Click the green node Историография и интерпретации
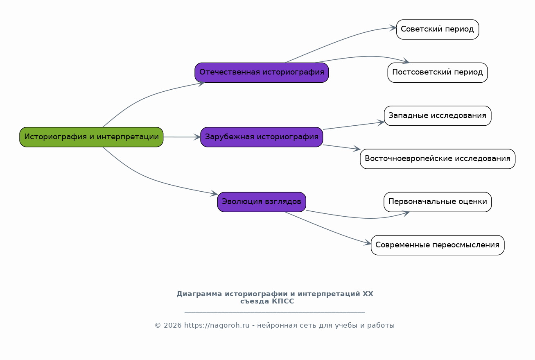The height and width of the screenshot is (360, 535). pos(91,137)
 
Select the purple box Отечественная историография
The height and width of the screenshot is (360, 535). pos(262,72)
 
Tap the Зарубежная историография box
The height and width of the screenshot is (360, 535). pos(262,137)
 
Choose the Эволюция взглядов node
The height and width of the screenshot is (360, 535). pos(262,202)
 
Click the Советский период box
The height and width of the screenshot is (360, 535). pos(438,29)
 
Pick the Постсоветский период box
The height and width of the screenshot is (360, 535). pos(438,72)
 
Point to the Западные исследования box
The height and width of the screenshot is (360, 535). pos(438,115)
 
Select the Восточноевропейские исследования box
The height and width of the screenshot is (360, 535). pos(438,159)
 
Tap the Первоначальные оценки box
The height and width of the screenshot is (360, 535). pos(438,202)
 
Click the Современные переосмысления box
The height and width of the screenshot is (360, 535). pos(438,245)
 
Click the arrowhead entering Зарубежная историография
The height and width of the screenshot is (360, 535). pos(197,137)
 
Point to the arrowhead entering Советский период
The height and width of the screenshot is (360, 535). pos(393,28)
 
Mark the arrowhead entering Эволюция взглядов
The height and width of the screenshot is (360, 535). pos(214,193)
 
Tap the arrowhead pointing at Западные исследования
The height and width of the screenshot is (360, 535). pos(381,122)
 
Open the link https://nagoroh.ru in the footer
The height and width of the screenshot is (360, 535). pos(217,325)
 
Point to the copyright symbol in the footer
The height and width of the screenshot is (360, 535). pos(158,325)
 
